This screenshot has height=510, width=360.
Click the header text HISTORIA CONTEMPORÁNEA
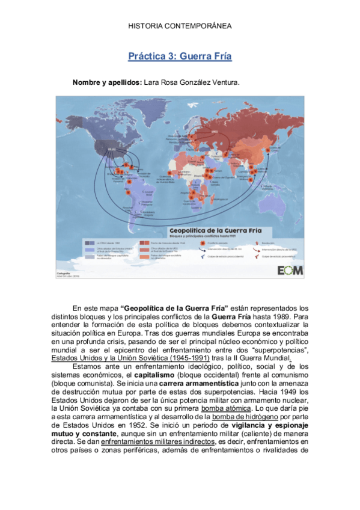180,27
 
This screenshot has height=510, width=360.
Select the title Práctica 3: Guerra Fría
180,57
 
